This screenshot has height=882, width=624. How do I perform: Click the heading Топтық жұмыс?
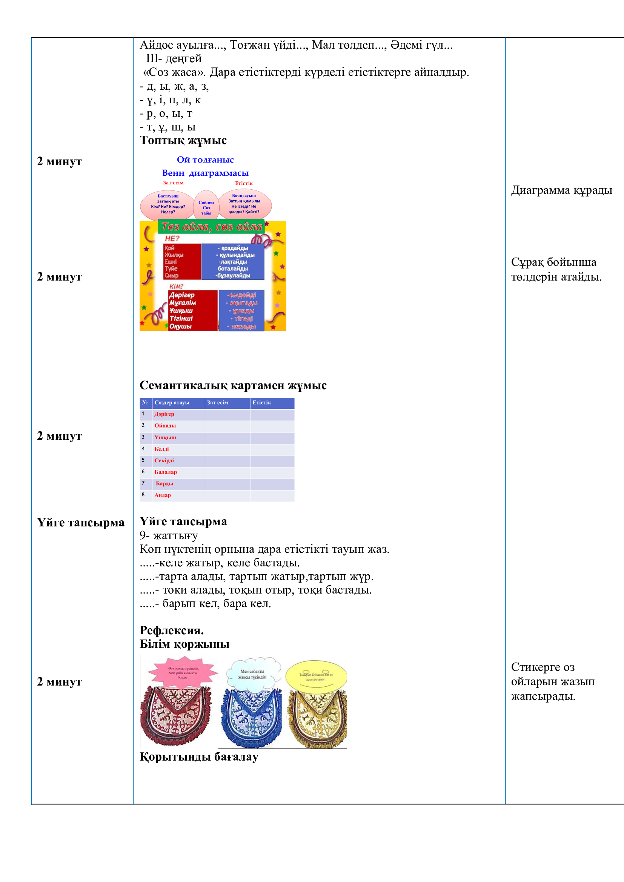(183, 140)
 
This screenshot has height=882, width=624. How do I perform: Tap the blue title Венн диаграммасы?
(205, 173)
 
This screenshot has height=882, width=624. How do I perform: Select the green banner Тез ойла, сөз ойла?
(212, 227)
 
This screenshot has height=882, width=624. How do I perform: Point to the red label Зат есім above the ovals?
(173, 183)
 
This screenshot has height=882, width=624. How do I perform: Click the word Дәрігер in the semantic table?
(164, 414)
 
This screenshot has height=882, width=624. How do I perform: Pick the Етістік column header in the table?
(262, 403)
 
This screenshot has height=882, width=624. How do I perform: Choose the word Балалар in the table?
(166, 472)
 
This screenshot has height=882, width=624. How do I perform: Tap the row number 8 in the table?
(143, 495)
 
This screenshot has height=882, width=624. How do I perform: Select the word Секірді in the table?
(164, 460)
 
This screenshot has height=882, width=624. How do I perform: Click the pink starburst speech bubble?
(183, 672)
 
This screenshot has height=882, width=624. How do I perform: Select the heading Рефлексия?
(172, 630)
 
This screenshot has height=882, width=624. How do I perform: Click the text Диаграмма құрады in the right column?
(561, 190)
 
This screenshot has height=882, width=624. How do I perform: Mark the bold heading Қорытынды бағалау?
(199, 756)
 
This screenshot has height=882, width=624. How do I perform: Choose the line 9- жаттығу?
(169, 535)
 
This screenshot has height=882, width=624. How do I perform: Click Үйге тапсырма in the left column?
(81, 522)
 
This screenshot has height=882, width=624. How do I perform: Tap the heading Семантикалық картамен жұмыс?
(233, 385)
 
